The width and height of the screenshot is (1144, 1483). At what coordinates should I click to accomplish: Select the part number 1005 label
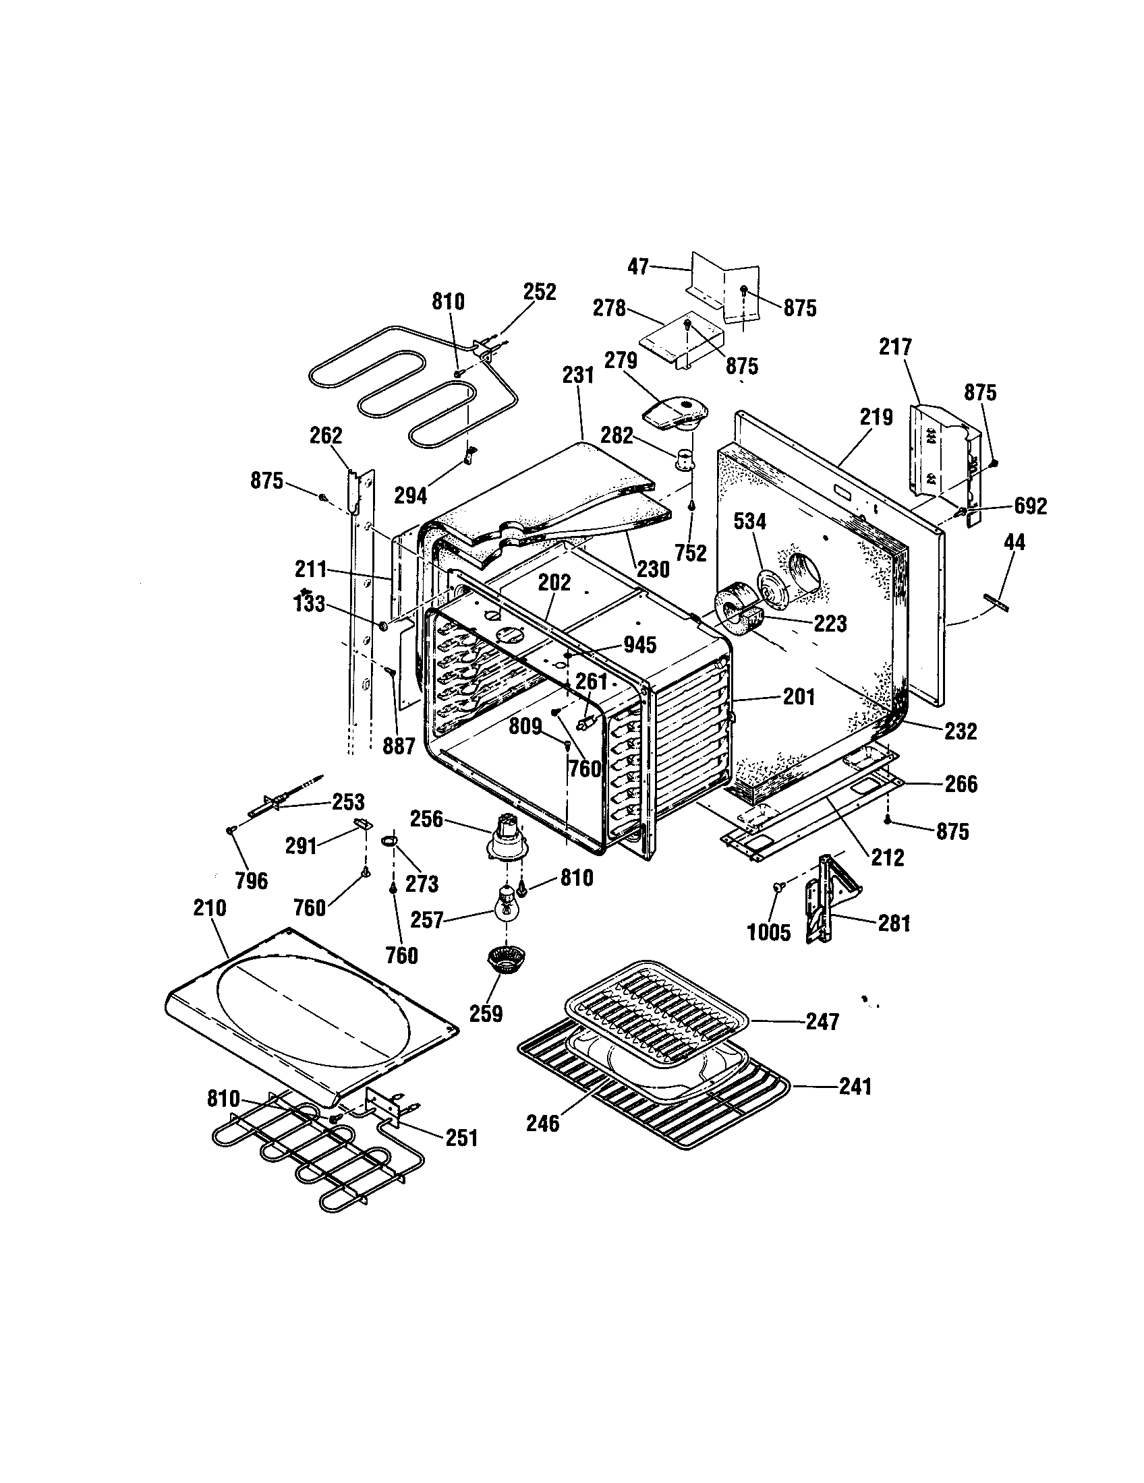pyautogui.click(x=769, y=932)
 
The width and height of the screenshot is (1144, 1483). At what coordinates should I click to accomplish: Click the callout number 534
pyautogui.click(x=750, y=522)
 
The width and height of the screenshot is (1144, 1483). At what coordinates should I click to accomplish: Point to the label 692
pyautogui.click(x=1030, y=505)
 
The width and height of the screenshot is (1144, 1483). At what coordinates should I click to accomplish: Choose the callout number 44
pyautogui.click(x=1014, y=542)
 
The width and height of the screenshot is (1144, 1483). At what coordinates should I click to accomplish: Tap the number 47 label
pyautogui.click(x=638, y=266)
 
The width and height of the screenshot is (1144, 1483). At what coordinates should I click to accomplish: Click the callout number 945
pyautogui.click(x=639, y=644)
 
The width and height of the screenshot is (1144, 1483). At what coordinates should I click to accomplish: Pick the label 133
pyautogui.click(x=310, y=604)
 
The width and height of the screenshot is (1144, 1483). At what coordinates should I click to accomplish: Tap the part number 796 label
pyautogui.click(x=252, y=881)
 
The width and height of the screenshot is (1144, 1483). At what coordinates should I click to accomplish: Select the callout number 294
pyautogui.click(x=410, y=495)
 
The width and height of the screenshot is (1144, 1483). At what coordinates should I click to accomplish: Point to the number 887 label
pyautogui.click(x=399, y=746)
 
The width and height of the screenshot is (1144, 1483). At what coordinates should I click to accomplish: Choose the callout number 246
pyautogui.click(x=543, y=1123)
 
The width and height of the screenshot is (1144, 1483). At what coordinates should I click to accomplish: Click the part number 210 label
pyautogui.click(x=209, y=908)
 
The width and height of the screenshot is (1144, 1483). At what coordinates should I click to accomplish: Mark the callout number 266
pyautogui.click(x=961, y=783)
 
